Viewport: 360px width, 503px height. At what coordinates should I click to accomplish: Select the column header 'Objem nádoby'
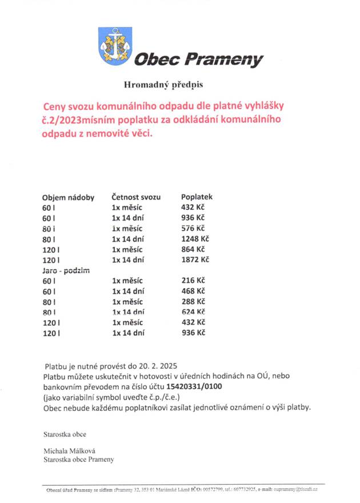(x=68, y=197)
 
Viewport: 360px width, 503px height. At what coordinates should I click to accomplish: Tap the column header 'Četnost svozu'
(x=136, y=197)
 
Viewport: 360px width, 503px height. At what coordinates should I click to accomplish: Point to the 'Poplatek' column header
(x=197, y=197)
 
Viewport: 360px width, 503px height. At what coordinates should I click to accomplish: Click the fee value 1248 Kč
(x=195, y=239)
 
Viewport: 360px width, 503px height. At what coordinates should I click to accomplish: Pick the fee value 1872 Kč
(x=195, y=260)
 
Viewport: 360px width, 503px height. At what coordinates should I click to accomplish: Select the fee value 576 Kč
(x=193, y=229)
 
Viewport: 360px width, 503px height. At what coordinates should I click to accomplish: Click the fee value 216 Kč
(x=193, y=281)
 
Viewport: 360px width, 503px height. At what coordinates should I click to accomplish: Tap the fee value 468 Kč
(x=193, y=291)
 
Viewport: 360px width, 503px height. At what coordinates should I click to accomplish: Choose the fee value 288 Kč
(x=193, y=301)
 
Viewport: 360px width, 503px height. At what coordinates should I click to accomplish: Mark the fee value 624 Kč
(x=193, y=312)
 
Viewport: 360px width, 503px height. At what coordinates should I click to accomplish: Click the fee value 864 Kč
(x=193, y=250)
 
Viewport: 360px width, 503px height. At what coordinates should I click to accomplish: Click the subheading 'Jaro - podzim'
(x=67, y=270)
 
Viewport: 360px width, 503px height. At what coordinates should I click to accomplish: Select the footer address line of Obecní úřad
(x=183, y=490)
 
